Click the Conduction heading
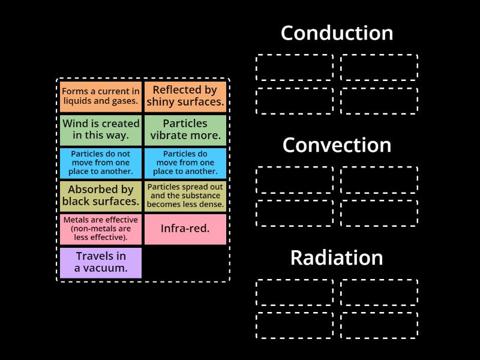tap(337, 33)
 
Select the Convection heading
tap(337, 145)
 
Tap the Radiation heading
tap(337, 258)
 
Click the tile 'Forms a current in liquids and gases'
tap(101, 97)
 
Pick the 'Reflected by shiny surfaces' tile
tap(185, 97)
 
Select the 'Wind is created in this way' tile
tap(101, 130)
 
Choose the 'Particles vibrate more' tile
tap(185, 130)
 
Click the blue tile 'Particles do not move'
tap(101, 163)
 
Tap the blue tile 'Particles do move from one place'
tap(185, 163)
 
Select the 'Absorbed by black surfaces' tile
tap(101, 196)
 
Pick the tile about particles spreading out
tap(185, 196)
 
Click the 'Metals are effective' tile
tap(101, 229)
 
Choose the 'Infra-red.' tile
tap(185, 229)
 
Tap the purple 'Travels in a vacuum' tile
tap(101, 263)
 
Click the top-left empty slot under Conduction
tap(295, 67)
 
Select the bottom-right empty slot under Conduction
tap(379, 101)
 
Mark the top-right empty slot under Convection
tap(379, 180)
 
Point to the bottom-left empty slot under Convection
tap(295, 213)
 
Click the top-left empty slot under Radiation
tap(295, 292)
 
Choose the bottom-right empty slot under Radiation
tap(379, 326)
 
